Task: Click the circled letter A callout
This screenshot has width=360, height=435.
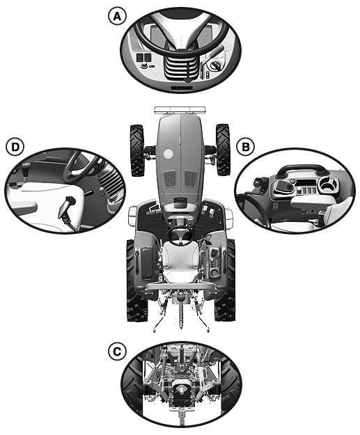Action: [117, 16]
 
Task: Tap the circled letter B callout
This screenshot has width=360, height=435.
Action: [246, 146]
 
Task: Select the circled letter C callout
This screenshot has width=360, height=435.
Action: [117, 351]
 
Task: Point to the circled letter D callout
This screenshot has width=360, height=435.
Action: [15, 146]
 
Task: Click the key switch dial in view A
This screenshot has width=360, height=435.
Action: [215, 66]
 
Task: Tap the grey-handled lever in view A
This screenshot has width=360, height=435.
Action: [216, 52]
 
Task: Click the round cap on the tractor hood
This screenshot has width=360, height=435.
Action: [168, 153]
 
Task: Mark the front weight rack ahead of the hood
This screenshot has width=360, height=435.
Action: [180, 110]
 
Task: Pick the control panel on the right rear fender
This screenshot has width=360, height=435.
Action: [214, 262]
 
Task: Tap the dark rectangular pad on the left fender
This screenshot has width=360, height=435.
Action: [147, 263]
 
